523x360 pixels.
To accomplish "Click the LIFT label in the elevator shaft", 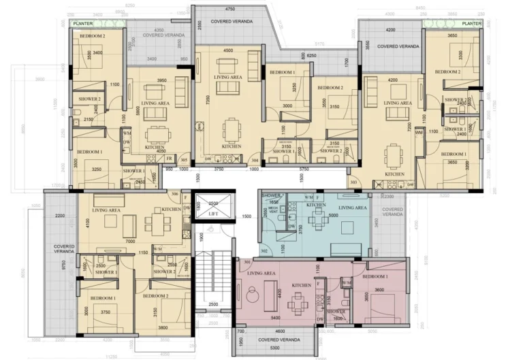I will [213, 214].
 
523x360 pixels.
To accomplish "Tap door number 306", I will [175, 195].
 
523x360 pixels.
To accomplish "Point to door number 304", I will [254, 161].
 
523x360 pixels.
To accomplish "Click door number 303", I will [353, 182].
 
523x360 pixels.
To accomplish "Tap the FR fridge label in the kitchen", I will [168, 159].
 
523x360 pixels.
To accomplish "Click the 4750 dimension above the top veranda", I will [229, 10].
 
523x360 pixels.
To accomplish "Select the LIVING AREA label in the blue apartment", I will [353, 208].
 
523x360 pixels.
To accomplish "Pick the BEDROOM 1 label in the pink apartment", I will [375, 277].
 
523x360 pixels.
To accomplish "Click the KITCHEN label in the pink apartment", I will [302, 285].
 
